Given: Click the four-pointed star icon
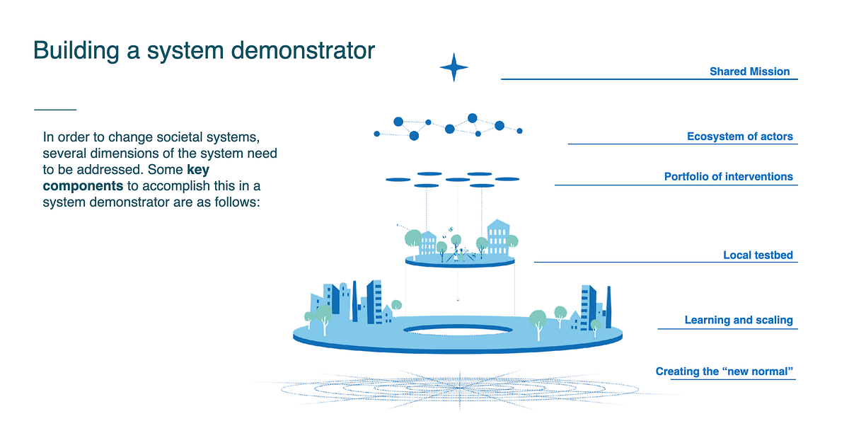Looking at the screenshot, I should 454,67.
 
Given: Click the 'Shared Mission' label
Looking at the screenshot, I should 749,71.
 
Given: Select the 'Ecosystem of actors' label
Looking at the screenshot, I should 739,137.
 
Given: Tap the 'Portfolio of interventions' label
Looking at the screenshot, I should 728,177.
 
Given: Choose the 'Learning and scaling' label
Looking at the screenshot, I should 738,321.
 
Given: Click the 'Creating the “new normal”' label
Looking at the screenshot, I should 724,371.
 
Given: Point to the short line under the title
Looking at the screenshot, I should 54,110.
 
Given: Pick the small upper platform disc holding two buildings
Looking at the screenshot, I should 460,261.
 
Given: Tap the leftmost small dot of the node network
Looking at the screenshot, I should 376,134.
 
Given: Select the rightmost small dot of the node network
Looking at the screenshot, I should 519,131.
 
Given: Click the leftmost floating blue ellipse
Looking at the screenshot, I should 398,180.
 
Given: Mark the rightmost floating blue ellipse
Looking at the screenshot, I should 507,179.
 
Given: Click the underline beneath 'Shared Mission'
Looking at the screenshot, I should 649,79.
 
